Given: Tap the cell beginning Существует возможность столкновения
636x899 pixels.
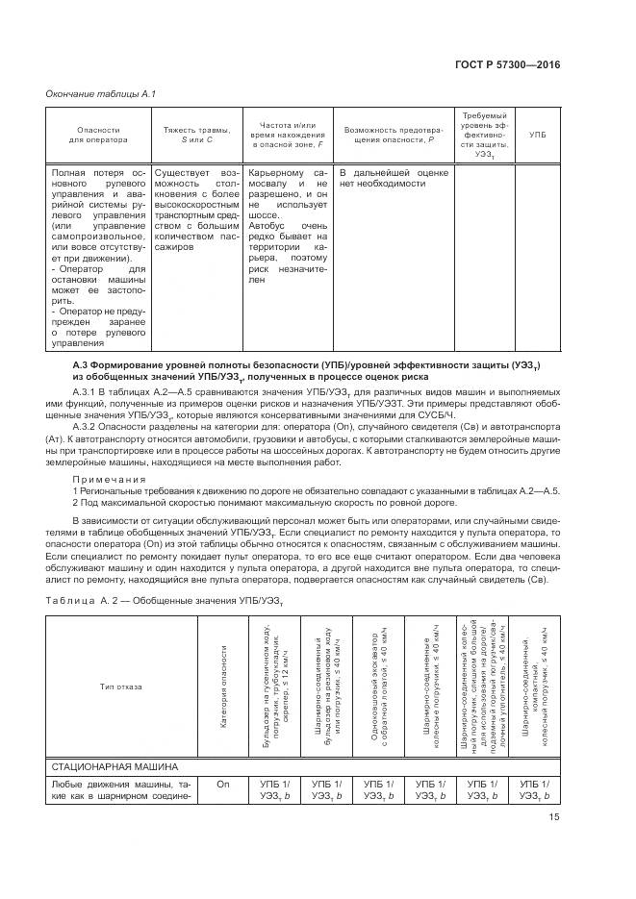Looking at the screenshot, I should [195, 209].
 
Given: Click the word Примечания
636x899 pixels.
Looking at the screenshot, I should [110, 479].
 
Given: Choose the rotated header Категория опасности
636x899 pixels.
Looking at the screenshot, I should [223, 687].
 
